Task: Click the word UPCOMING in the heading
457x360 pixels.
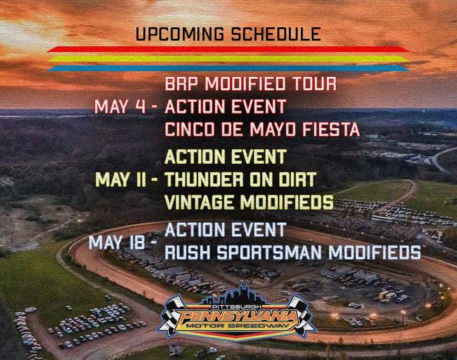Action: click(180, 34)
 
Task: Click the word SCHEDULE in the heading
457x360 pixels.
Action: click(276, 34)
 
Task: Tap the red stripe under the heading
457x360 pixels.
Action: click(228, 49)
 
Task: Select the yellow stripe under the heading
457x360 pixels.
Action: click(228, 59)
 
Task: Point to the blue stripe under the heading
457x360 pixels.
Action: click(228, 69)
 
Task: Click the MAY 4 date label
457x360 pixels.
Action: click(120, 107)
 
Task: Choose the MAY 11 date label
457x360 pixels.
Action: click(121, 179)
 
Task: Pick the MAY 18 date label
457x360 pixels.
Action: click(117, 243)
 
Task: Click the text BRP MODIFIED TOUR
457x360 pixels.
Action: click(251, 84)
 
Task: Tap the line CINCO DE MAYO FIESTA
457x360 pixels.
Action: click(262, 130)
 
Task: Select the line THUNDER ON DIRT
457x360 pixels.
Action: click(241, 179)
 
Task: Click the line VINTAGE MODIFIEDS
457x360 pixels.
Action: click(249, 202)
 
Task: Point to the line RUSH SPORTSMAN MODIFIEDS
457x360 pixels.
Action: click(293, 253)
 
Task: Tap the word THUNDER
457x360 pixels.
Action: click(201, 179)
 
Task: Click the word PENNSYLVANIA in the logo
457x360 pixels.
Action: click(237, 317)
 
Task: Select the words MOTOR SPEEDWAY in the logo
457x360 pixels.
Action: click(237, 326)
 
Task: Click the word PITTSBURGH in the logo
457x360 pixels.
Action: click(237, 307)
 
